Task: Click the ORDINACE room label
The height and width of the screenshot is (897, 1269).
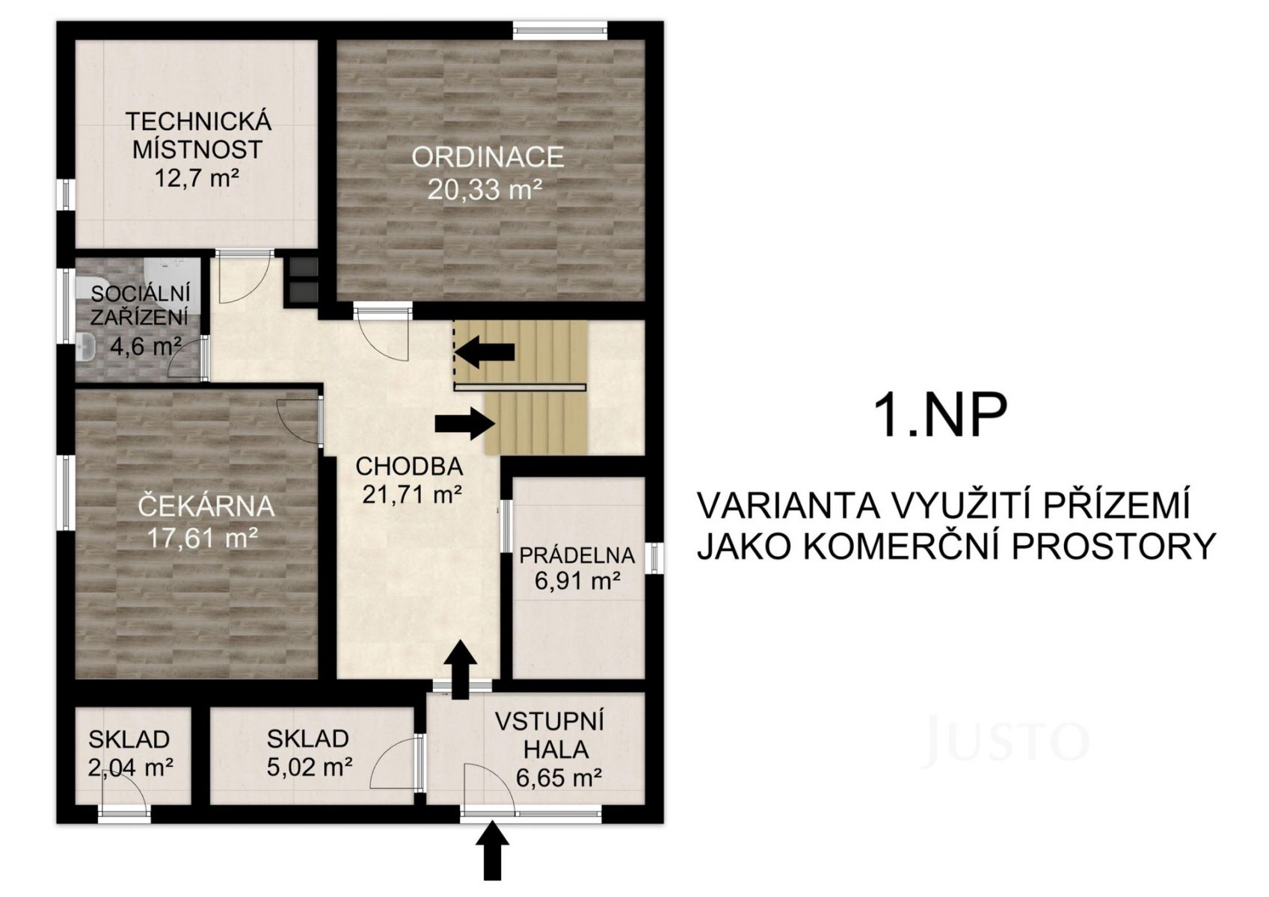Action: point(488,157)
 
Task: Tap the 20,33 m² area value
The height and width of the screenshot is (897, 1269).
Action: point(485,189)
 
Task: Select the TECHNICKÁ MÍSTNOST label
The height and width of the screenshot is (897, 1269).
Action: point(197,135)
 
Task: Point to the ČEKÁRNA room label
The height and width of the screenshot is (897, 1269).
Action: point(206,506)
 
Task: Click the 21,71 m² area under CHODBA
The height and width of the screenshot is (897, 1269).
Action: point(412,494)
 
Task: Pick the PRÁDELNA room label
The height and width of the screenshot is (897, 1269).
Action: point(577,555)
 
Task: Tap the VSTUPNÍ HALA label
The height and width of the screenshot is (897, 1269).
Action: point(550,736)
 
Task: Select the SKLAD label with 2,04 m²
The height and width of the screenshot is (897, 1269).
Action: point(129,739)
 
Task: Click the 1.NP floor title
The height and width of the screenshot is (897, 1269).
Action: point(941,416)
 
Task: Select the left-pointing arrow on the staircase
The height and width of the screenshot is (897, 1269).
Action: point(485,351)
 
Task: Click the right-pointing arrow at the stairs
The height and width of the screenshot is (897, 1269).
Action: point(465,424)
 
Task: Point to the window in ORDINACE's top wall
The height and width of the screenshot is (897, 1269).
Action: point(559,31)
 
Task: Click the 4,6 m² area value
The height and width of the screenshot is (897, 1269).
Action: point(146,345)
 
